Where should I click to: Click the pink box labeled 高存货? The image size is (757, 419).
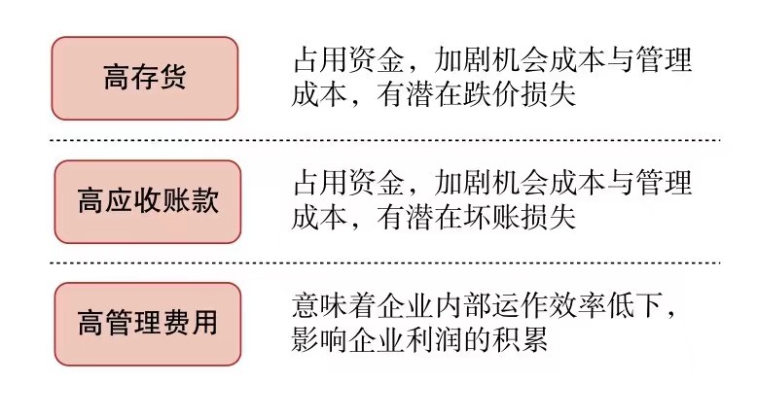[x=144, y=79]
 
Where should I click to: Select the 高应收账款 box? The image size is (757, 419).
[x=148, y=201]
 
